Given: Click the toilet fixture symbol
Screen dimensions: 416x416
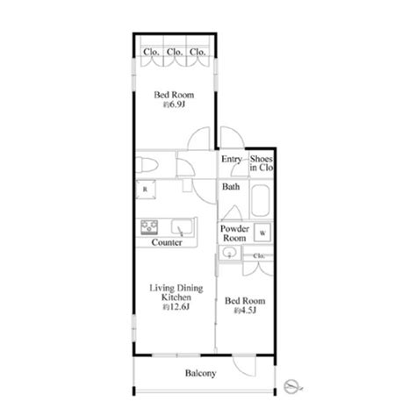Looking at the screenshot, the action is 147,165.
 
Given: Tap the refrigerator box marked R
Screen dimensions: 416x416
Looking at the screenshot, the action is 146,190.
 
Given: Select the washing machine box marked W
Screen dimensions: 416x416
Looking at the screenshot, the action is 262,233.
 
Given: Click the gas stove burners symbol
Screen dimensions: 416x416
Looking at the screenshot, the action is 149,227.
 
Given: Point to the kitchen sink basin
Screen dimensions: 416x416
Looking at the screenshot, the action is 182,227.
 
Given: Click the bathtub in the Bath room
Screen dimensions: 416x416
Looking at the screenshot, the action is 260,200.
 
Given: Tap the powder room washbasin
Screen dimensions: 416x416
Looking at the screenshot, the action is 230,253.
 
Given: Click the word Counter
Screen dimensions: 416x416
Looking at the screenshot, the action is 167,242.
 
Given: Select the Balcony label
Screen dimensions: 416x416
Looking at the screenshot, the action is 201,373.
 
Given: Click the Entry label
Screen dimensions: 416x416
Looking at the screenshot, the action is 232,159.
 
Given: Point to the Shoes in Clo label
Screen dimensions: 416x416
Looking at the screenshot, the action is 262,163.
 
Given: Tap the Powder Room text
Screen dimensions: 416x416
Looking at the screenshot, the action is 234,233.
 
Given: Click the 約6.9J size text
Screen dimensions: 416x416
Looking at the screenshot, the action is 174,104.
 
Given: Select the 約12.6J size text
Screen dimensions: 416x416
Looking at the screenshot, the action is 176,307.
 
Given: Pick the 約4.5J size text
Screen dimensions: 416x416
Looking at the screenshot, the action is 245,311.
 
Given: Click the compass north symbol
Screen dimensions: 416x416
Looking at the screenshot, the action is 293,387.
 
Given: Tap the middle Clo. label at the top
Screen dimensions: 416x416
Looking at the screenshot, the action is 175,52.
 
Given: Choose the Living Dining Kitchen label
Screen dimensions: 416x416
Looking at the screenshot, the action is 176,293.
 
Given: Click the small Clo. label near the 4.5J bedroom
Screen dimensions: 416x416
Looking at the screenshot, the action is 259,256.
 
